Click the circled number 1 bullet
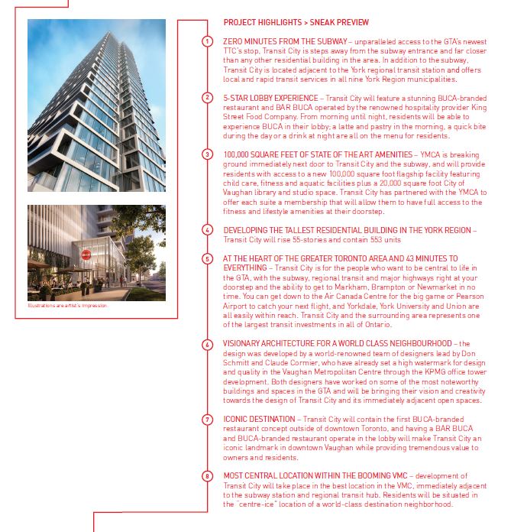click(207, 40)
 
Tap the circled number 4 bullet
click(207, 229)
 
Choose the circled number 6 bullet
click(207, 344)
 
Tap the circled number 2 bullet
click(207, 97)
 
